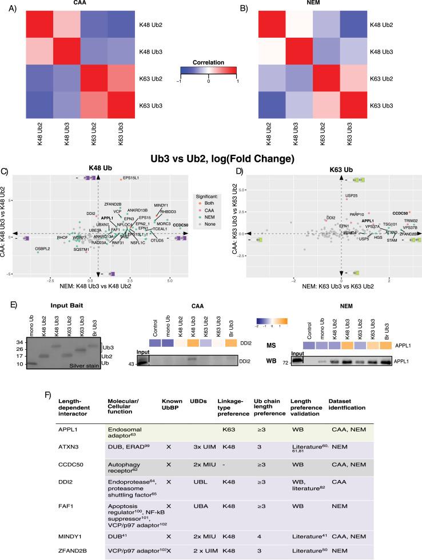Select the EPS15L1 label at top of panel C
(x=131, y=178)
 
